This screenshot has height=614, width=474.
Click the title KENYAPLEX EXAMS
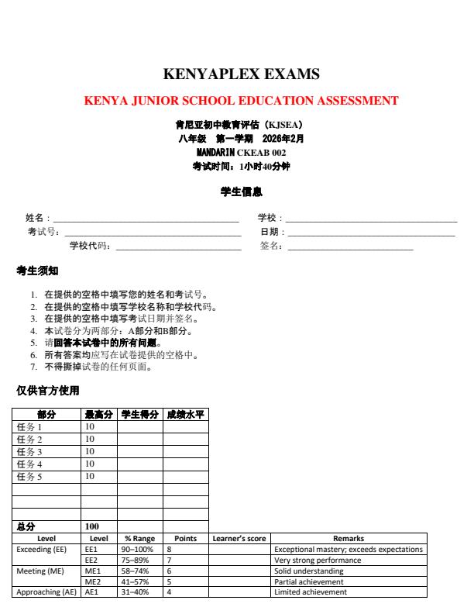point(241,74)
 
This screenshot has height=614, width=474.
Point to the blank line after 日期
point(371,233)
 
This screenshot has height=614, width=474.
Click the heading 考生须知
point(36,271)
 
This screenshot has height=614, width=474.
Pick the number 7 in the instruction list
point(33,367)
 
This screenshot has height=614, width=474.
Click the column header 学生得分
point(139,415)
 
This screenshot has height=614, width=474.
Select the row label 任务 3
point(29,451)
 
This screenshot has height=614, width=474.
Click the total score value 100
point(91,526)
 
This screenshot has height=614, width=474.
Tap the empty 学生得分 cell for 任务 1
point(139,427)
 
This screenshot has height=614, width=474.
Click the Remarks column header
point(349,538)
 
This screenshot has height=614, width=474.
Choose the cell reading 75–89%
point(139,560)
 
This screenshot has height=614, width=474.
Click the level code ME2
point(91,581)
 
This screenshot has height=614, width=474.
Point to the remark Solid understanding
point(309,571)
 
